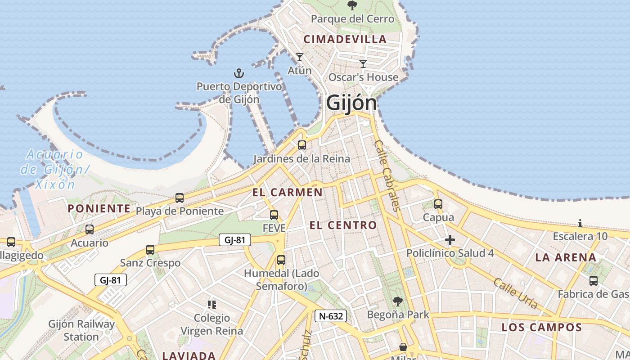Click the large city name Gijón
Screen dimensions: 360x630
351,103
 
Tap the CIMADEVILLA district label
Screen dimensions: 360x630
345,39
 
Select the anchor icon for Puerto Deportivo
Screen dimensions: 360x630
238,73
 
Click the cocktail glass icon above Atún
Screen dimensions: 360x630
299,57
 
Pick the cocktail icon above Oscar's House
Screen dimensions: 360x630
363,63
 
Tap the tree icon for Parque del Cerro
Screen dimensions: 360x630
352,5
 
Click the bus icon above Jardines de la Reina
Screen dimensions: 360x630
302,145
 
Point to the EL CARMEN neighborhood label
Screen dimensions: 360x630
287,193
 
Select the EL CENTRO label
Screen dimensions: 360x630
343,225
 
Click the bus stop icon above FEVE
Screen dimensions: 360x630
274,215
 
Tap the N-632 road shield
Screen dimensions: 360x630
331,316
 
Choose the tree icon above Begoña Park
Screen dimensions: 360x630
397,301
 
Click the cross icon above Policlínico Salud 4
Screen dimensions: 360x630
450,240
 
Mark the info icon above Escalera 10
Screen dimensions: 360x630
580,223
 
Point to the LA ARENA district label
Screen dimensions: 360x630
566,258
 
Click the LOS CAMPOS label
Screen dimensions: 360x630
542,327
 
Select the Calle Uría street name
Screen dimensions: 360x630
516,293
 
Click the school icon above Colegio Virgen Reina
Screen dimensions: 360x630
212,305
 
